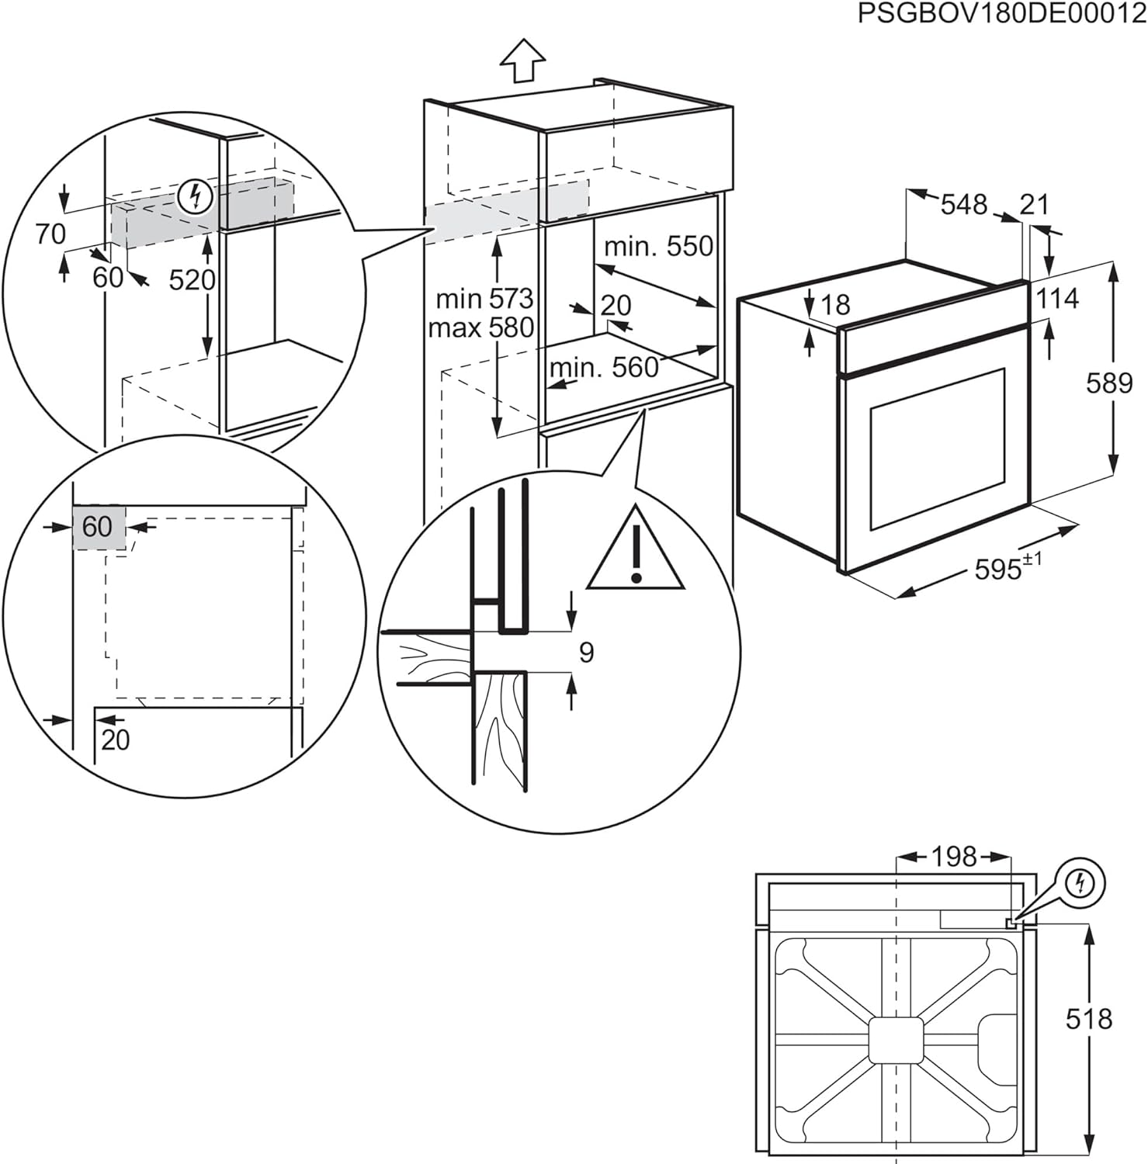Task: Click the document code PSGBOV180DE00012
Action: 1001,15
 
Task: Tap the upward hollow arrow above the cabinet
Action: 522,61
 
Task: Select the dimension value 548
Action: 963,205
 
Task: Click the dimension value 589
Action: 1109,383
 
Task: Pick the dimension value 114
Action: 1057,298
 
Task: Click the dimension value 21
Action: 1034,205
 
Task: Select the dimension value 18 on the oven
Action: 835,305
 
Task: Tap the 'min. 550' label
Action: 658,246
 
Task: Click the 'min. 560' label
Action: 604,367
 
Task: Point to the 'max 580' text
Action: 480,327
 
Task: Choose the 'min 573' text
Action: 484,298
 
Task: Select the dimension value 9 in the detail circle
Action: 587,652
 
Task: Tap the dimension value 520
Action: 192,279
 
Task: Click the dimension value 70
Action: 51,234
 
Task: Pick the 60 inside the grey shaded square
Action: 98,527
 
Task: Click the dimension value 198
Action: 953,857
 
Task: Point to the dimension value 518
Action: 1089,1019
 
